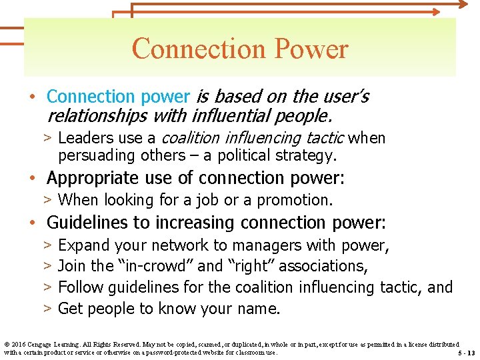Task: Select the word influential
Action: pyautogui.click(x=226, y=116)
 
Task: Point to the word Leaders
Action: pyautogui.click(x=83, y=138)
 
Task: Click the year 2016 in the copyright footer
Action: pyautogui.click(x=19, y=343)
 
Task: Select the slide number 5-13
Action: pyautogui.click(x=467, y=353)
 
